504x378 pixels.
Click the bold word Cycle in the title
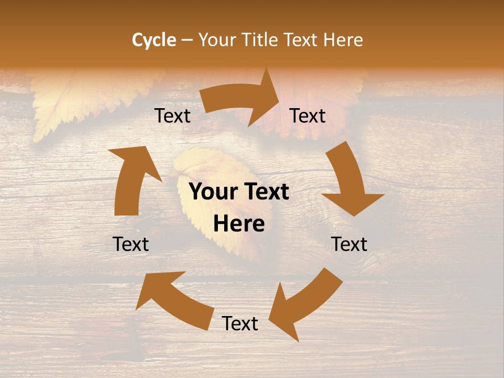tap(154, 40)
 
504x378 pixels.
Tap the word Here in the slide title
tap(342, 40)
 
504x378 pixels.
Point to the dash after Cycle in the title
tap(187, 40)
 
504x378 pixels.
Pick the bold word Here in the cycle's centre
tap(239, 224)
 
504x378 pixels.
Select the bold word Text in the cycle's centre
tap(266, 192)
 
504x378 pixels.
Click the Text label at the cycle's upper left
tap(172, 116)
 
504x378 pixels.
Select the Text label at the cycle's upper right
tap(308, 116)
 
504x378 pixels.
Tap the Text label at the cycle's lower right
tap(350, 244)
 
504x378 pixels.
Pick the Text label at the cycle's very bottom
tap(240, 323)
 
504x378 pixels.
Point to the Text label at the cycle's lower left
tap(131, 244)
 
